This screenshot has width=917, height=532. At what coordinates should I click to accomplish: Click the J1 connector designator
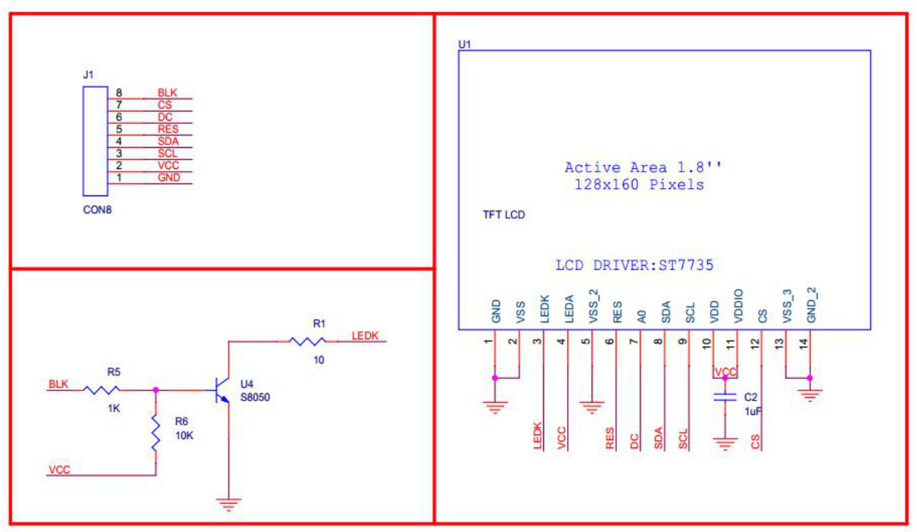coord(88,76)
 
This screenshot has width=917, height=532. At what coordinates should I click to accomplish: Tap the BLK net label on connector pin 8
coord(167,93)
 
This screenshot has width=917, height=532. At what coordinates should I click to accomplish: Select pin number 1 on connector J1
coord(118,178)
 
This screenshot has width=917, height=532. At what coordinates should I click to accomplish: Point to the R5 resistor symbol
coord(102,390)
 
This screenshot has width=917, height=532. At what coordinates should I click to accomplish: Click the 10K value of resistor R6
coord(184,435)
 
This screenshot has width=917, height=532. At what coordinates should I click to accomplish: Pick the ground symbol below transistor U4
coord(229,505)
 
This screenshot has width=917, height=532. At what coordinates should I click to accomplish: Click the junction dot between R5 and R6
coord(156,390)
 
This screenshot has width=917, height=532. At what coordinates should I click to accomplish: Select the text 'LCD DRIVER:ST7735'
coord(634,265)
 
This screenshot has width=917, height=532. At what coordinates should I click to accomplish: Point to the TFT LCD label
coord(504,215)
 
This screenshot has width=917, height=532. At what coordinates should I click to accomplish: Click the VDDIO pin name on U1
coord(739,306)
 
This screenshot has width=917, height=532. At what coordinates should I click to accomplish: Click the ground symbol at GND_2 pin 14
coord(810,393)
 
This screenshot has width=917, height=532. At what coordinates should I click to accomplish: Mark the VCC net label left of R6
coord(59,470)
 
